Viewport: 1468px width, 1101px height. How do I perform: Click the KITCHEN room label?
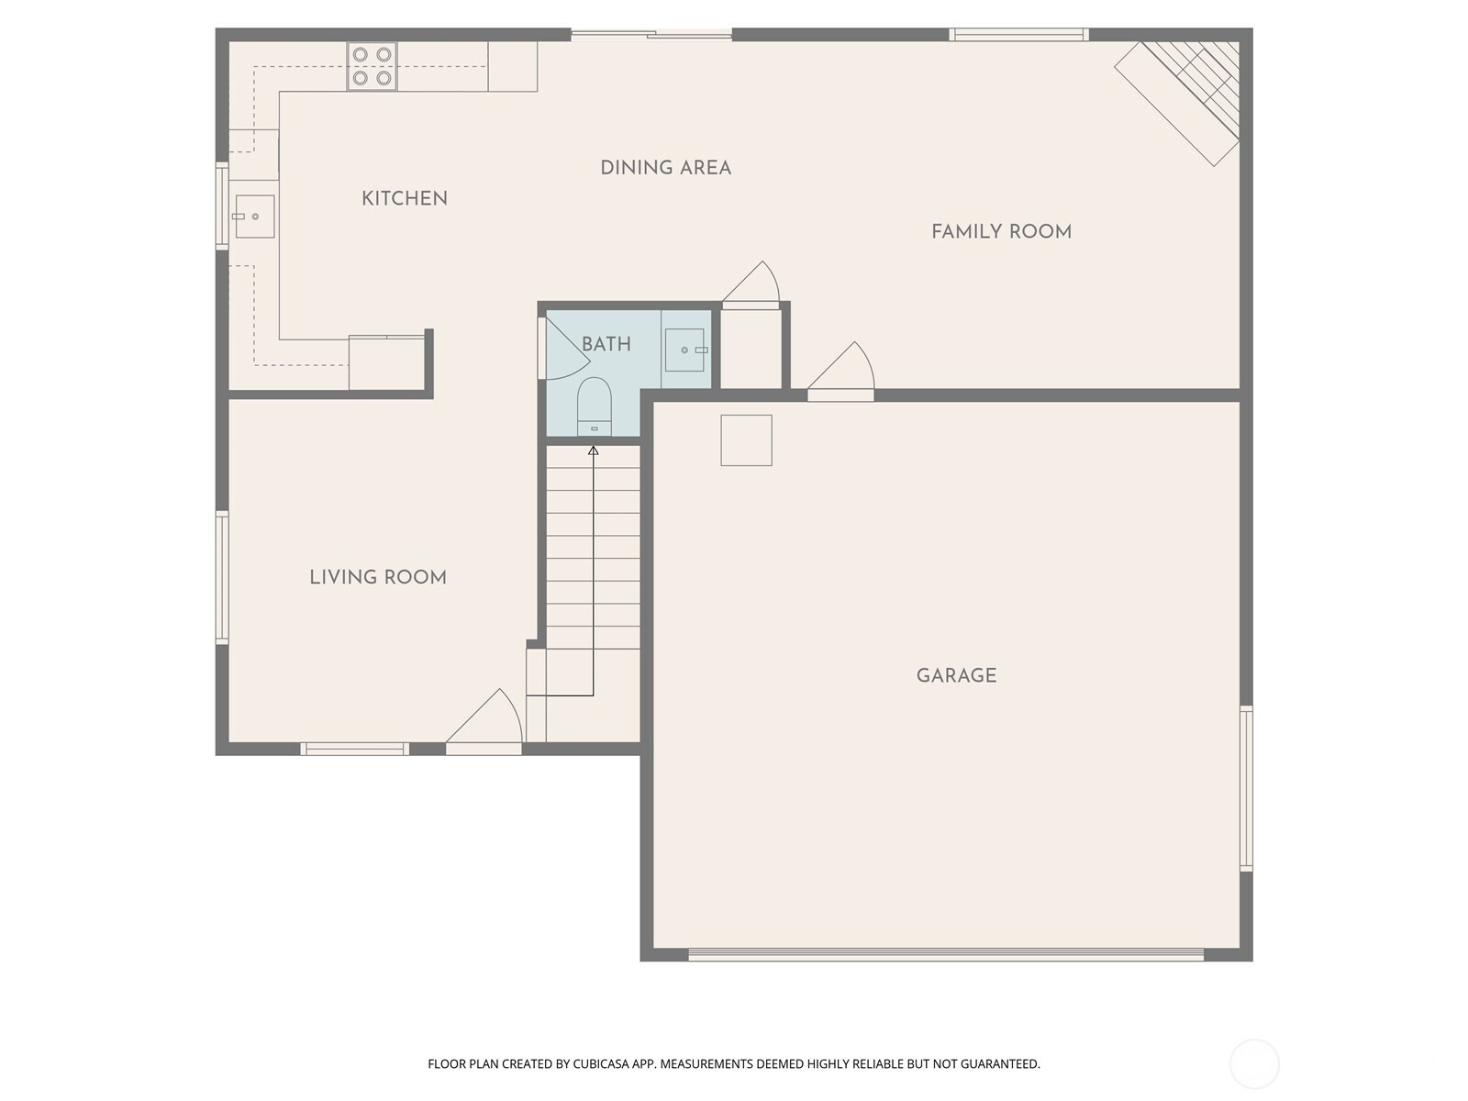click(x=404, y=198)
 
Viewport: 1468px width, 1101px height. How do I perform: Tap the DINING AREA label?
click(x=665, y=168)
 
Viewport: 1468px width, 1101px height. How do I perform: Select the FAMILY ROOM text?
click(x=1001, y=232)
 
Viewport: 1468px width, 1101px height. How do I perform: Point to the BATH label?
click(x=606, y=344)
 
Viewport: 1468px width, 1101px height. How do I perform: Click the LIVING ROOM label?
click(x=378, y=578)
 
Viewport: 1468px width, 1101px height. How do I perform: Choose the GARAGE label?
click(x=956, y=676)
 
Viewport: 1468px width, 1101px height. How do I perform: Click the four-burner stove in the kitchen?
click(x=372, y=66)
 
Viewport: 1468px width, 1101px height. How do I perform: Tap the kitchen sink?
click(x=254, y=217)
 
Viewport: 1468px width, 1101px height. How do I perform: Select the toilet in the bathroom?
click(x=594, y=406)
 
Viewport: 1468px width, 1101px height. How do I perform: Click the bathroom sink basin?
click(x=684, y=350)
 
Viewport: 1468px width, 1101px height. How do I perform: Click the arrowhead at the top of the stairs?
click(x=594, y=451)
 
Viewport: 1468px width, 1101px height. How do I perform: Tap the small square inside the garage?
click(x=746, y=440)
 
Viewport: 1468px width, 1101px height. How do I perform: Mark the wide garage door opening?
click(x=946, y=955)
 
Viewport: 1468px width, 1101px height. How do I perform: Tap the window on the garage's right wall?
click(x=1247, y=789)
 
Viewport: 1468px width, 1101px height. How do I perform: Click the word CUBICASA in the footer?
click(x=601, y=1064)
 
